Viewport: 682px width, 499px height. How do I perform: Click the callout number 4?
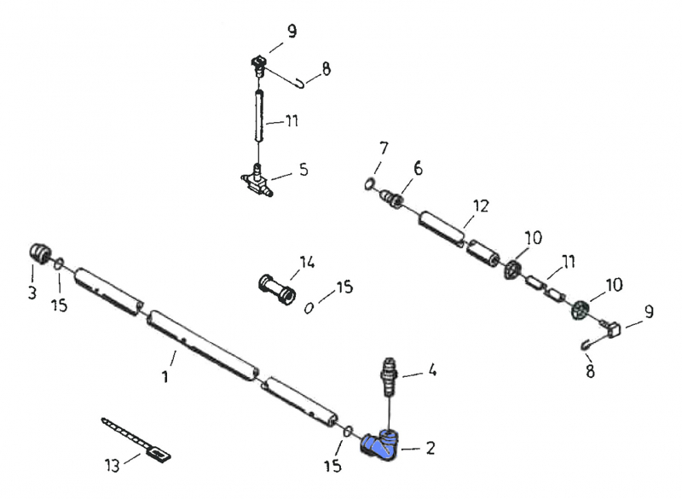(x=432, y=371)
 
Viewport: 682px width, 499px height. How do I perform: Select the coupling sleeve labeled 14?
(x=276, y=287)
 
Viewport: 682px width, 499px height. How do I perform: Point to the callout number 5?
(x=303, y=171)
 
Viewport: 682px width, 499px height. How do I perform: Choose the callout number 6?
(x=417, y=170)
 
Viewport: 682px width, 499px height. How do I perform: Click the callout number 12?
(x=481, y=206)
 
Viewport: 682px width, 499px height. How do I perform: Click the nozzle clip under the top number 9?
(x=259, y=63)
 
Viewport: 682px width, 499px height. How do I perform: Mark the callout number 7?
(x=384, y=148)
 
